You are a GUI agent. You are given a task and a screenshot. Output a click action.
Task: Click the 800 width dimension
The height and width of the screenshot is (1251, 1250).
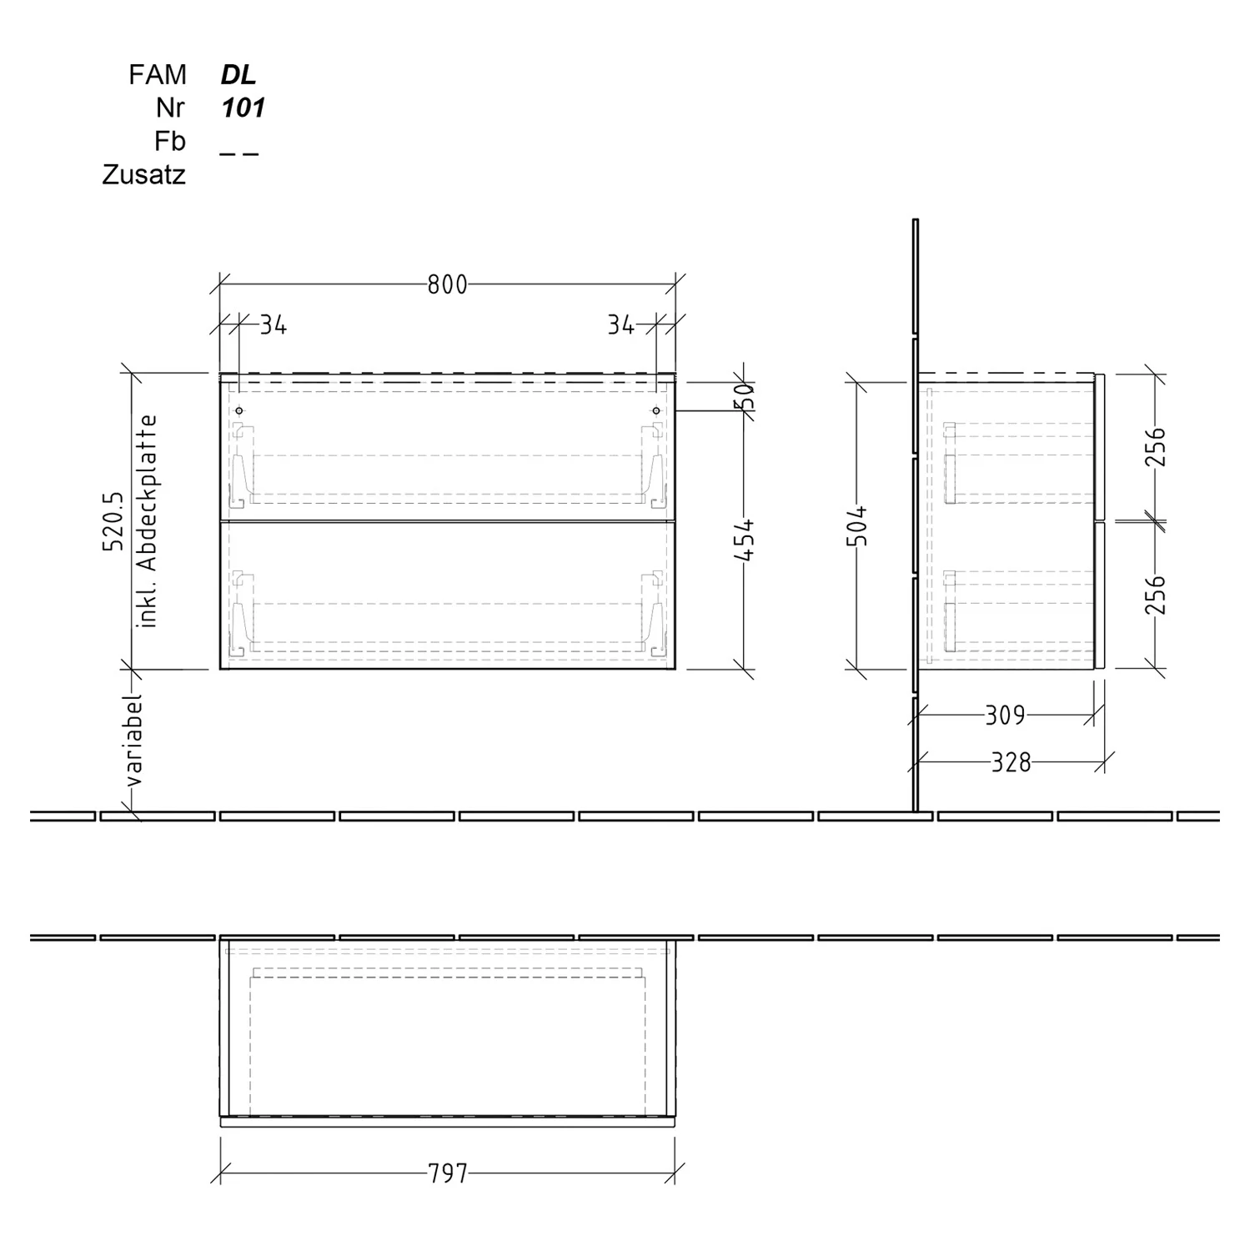(447, 285)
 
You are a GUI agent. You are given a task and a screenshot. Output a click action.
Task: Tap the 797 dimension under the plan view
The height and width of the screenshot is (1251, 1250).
(448, 1174)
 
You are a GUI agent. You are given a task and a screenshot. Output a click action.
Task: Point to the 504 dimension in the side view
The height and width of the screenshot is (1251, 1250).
(858, 525)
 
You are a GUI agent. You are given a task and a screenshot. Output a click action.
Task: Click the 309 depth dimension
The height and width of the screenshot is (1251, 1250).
(1005, 716)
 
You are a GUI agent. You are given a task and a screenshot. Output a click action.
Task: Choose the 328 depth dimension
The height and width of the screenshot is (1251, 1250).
(1011, 762)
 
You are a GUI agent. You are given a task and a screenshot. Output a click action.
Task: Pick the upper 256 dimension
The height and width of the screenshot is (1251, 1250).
(1154, 447)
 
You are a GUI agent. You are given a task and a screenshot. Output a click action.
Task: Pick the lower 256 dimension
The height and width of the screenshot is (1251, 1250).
(1154, 595)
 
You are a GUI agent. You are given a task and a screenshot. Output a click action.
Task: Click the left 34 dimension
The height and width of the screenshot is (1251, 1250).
(273, 325)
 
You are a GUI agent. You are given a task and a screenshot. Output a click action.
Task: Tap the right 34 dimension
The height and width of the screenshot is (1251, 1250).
(620, 325)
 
